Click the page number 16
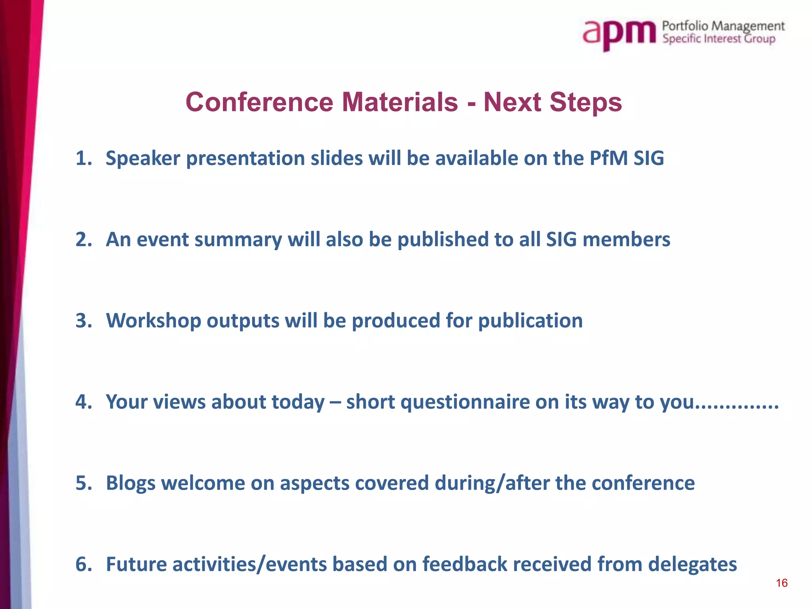click(x=781, y=583)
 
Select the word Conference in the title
click(x=259, y=102)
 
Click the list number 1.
click(x=82, y=159)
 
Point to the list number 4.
click(x=82, y=402)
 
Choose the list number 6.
click(x=82, y=565)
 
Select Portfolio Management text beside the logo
click(x=723, y=26)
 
